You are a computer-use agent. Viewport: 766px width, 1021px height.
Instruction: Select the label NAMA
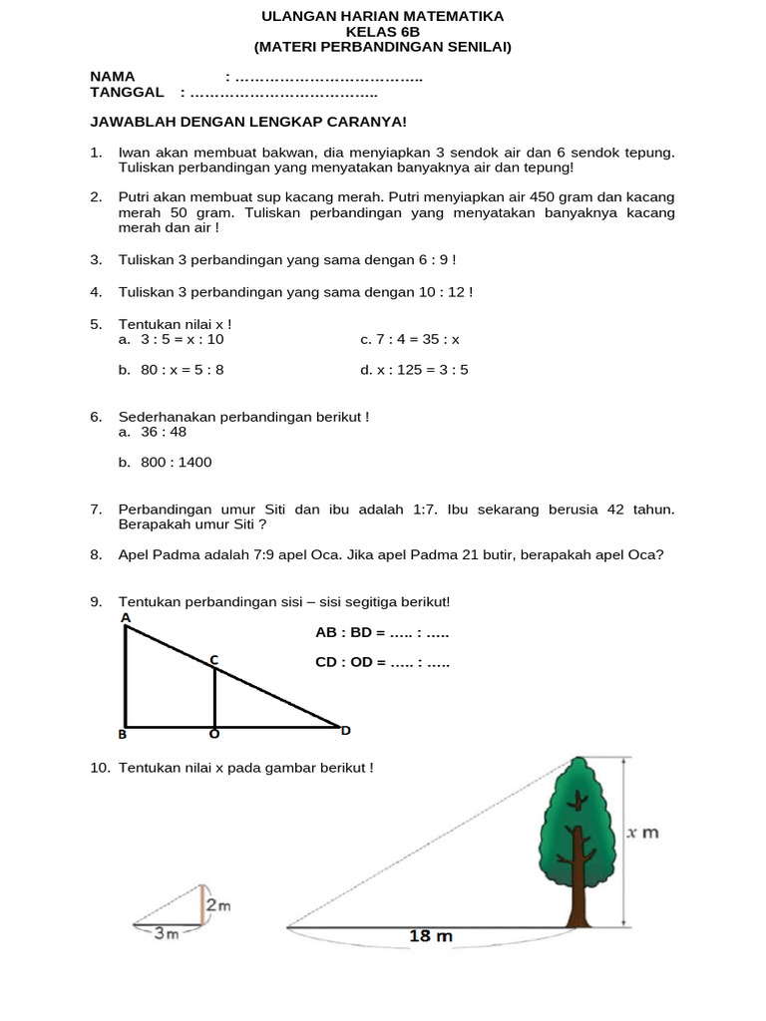(x=113, y=77)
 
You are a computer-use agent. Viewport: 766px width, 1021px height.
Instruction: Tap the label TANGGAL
(x=127, y=93)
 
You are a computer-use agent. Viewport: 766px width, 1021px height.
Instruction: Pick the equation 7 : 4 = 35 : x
(x=418, y=339)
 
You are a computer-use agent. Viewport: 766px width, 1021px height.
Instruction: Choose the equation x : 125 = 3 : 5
(x=423, y=370)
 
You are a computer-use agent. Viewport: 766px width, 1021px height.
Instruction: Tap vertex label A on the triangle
(x=126, y=618)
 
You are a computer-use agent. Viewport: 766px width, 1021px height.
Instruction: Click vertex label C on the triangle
(x=213, y=659)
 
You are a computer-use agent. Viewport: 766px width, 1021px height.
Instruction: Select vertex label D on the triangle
(x=346, y=731)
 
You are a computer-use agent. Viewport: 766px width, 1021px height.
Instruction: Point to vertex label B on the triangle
(x=123, y=735)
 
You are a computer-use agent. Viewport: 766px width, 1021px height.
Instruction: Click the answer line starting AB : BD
(x=382, y=633)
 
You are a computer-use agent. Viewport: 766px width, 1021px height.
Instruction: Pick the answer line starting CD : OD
(x=382, y=662)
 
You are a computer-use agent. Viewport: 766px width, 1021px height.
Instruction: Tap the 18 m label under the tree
(x=431, y=936)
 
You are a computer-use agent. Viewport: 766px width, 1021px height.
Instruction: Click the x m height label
(x=643, y=833)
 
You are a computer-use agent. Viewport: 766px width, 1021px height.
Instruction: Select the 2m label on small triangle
(x=218, y=905)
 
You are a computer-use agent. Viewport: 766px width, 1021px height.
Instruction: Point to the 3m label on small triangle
(x=166, y=934)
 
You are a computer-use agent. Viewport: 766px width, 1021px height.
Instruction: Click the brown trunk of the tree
(x=576, y=882)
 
